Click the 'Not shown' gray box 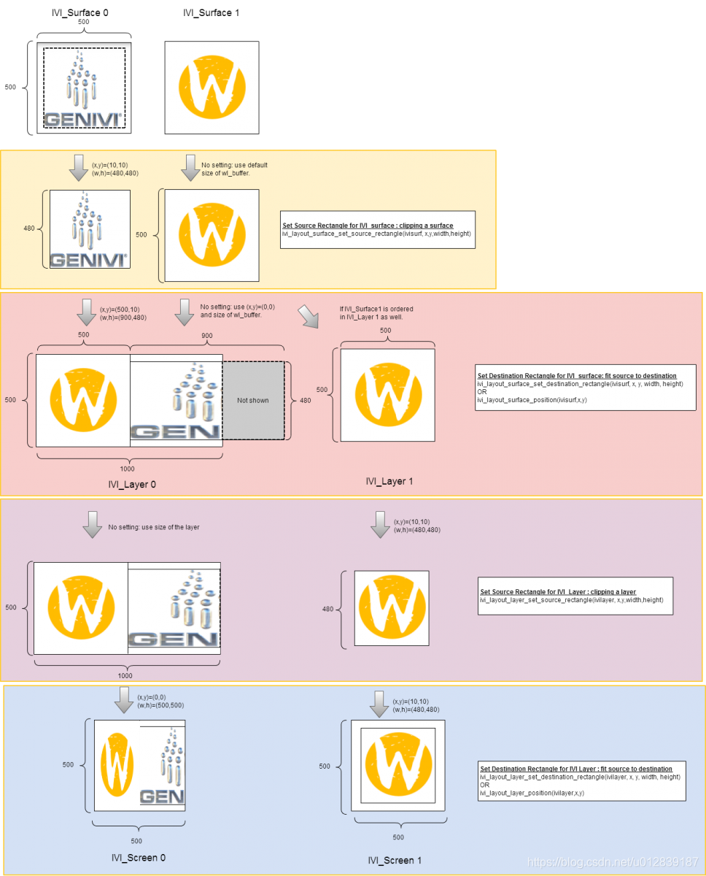coord(253,400)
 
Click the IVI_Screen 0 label coord(139,857)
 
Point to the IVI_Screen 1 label coord(395,861)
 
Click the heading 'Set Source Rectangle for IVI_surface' coord(368,226)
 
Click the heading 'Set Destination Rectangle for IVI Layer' coord(575,769)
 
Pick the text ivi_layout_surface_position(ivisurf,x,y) coord(532,400)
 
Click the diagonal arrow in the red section coord(309,318)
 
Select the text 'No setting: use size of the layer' coord(154,527)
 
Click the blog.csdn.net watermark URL coord(613,862)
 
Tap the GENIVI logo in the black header coord(84,88)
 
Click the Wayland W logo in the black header coord(212,88)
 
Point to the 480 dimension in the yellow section coord(29,228)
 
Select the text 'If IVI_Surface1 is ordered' coord(376,309)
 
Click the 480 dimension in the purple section coord(327,609)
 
